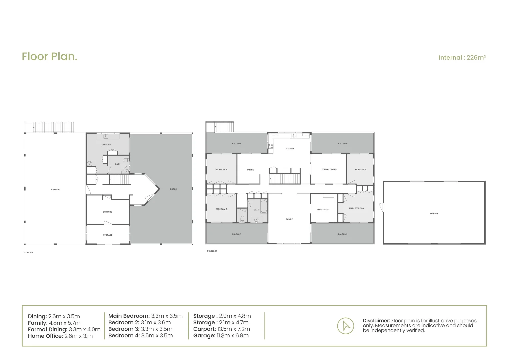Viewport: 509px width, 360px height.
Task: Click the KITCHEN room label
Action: (289, 149)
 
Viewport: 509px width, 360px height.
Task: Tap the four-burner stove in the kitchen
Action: (271, 146)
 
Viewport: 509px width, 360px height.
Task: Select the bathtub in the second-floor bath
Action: (264, 207)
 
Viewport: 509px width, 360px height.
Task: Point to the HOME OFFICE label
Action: (323, 210)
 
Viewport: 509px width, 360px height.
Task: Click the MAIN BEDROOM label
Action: (356, 208)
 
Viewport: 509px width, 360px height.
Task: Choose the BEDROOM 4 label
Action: (221, 170)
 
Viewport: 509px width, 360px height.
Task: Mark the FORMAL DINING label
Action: (329, 169)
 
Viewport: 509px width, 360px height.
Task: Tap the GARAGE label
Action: (434, 213)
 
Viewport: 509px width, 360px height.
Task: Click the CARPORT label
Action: (56, 189)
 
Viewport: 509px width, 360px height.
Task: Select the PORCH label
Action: (173, 189)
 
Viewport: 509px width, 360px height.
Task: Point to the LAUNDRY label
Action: (106, 145)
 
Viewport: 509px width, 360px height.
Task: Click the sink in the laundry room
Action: (106, 136)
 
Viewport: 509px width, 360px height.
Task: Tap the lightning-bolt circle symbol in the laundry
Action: (90, 164)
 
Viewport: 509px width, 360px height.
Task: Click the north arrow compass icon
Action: (345, 326)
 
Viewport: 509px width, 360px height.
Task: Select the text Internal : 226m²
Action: (462, 57)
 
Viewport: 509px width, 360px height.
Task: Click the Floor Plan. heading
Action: (50, 56)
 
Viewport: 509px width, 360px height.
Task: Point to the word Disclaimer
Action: (376, 321)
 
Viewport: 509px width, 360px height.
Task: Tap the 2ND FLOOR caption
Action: (212, 251)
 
